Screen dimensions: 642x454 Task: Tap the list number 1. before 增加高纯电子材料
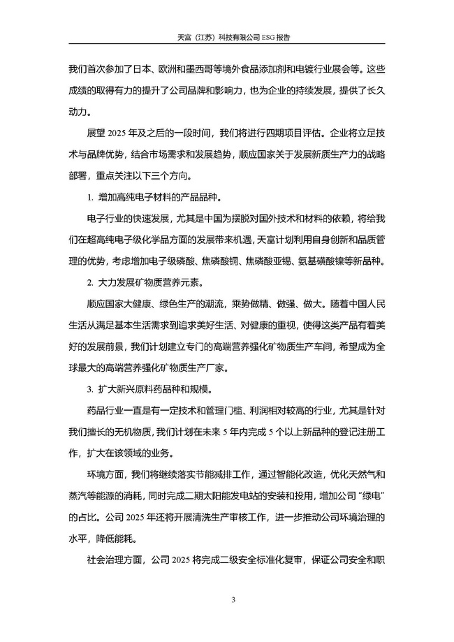coord(90,196)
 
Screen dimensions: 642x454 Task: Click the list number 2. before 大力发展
coord(90,283)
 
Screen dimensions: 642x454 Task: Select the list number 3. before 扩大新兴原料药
coord(90,389)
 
